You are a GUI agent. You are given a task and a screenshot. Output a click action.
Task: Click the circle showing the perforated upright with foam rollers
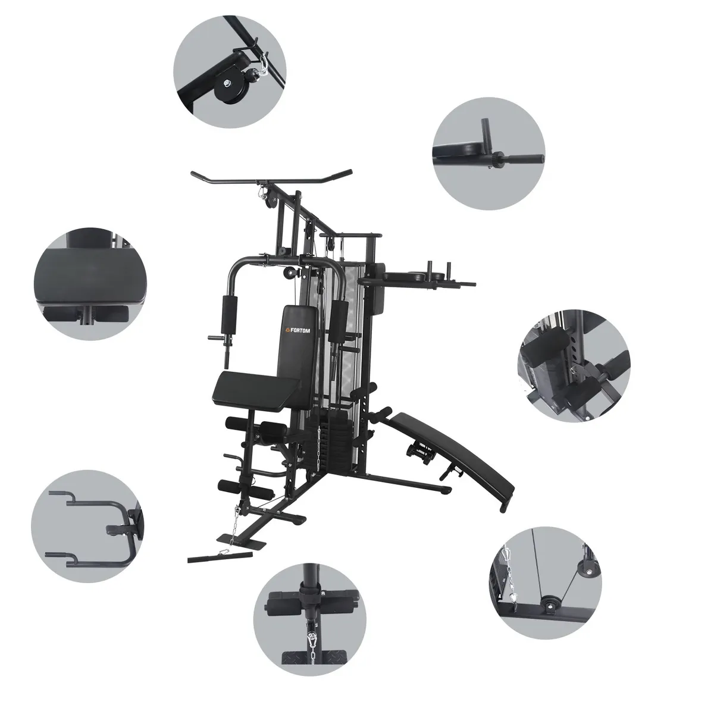[574, 359]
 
